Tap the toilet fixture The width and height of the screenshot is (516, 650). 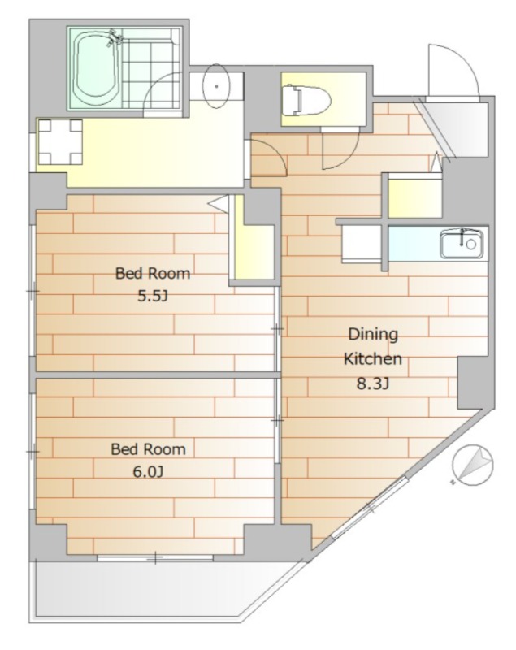click(306, 99)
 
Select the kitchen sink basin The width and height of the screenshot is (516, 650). click(462, 245)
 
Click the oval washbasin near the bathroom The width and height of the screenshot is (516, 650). click(216, 86)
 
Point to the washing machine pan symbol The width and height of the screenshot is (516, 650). click(59, 141)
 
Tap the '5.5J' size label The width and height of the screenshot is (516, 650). click(153, 296)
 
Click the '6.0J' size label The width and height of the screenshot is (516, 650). click(148, 472)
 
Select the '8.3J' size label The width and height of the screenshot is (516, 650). click(373, 383)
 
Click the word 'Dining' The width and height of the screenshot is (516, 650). click(373, 334)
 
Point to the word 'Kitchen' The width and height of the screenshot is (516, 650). click(373, 358)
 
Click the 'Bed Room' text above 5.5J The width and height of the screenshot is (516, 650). click(153, 274)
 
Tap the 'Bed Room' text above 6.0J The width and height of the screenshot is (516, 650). click(148, 449)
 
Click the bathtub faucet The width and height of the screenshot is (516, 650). click(115, 37)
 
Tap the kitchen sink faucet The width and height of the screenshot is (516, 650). click(462, 236)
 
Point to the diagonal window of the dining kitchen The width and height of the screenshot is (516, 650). click(370, 508)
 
